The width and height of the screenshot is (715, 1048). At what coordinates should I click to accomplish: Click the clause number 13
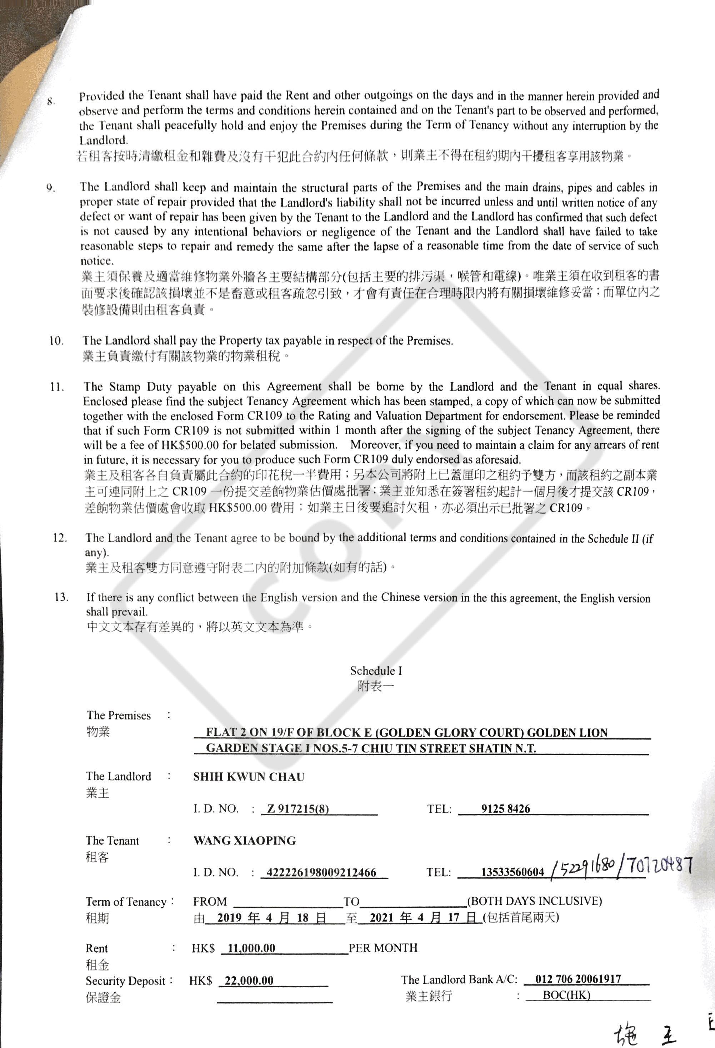(x=61, y=597)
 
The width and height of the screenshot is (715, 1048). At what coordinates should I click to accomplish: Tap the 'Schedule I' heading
(x=375, y=671)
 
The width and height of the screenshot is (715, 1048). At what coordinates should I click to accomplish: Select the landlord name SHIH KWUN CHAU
(x=249, y=777)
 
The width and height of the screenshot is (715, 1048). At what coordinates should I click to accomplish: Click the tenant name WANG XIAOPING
(x=245, y=841)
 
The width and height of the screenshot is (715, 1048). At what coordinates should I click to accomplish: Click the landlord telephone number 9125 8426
(x=505, y=808)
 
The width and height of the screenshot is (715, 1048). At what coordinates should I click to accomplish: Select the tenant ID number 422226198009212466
(x=321, y=873)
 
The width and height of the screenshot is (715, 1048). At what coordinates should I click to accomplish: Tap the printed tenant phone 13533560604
(x=512, y=872)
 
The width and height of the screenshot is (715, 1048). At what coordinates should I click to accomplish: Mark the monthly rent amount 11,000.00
(x=251, y=948)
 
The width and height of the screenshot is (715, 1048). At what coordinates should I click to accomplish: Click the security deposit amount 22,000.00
(x=249, y=981)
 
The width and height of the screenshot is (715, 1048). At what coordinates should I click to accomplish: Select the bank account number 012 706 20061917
(x=578, y=979)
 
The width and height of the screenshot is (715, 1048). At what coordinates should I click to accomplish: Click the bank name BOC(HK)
(x=566, y=995)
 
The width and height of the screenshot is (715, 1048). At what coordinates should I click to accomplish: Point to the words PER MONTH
(x=383, y=948)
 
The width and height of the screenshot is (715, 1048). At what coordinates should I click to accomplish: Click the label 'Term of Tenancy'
(x=126, y=902)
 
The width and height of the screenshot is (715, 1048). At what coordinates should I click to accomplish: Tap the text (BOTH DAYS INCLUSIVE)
(x=535, y=901)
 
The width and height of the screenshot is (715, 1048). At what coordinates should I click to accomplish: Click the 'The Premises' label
(x=119, y=716)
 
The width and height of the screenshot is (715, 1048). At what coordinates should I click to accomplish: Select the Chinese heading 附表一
(x=375, y=687)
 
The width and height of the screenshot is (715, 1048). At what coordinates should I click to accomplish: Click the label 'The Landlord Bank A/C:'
(x=459, y=979)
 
